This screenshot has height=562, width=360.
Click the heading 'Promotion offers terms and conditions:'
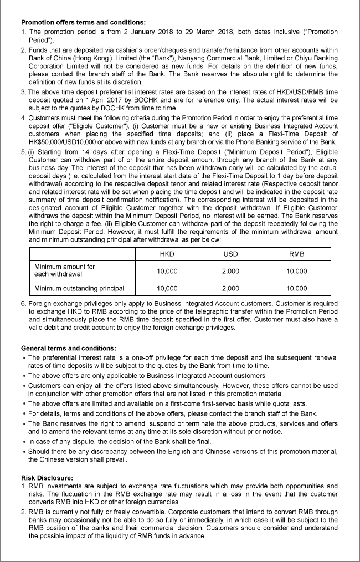[83, 22]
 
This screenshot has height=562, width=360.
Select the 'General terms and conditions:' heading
[69, 348]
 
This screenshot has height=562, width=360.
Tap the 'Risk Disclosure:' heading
[46, 477]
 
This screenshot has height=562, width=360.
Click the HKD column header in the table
[167, 254]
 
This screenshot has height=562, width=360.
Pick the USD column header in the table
[230, 254]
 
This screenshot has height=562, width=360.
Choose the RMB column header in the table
[297, 254]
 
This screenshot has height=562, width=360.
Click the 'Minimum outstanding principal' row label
[79, 288]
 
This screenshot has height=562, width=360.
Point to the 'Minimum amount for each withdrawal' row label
[65, 270]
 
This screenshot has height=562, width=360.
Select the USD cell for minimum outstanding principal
[230, 288]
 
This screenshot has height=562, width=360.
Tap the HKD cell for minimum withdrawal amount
[167, 271]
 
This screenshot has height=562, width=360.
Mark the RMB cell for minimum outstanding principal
[297, 288]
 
